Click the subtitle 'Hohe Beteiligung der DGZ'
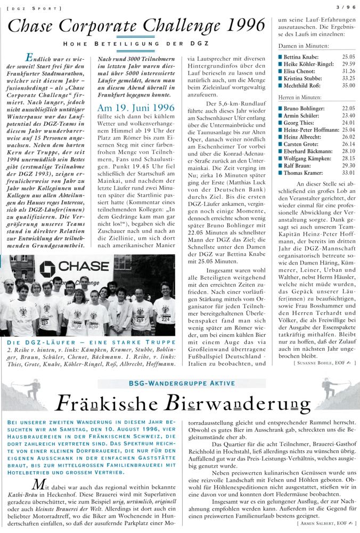point(135,43)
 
